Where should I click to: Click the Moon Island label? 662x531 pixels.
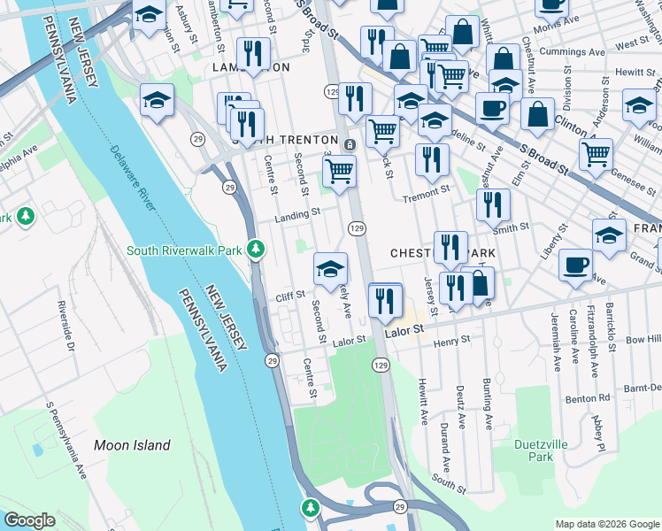[x=132, y=445]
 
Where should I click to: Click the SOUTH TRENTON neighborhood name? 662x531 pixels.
[x=285, y=141]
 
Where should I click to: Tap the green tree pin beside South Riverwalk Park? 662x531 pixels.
[x=257, y=250]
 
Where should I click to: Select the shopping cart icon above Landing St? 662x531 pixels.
[x=339, y=171]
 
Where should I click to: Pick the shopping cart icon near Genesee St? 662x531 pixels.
[x=596, y=153]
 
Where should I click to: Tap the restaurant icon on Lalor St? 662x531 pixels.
[x=385, y=301]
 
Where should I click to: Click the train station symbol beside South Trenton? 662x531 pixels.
[x=350, y=143]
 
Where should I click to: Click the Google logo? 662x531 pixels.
[x=29, y=520]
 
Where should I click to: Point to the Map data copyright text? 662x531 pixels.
[x=606, y=524]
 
